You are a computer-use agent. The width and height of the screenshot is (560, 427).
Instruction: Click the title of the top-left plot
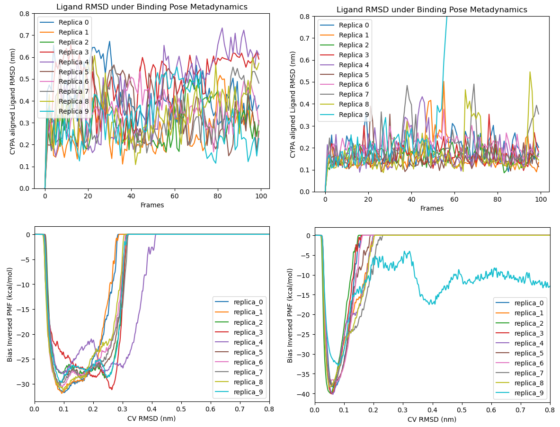click(151, 7)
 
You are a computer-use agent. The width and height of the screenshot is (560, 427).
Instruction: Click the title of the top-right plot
click(432, 10)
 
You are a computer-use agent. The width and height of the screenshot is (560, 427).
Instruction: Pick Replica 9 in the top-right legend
click(354, 115)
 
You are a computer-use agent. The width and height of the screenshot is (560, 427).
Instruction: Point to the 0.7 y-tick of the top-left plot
click(25, 36)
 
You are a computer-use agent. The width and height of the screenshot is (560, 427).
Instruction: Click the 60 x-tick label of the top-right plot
click(454, 199)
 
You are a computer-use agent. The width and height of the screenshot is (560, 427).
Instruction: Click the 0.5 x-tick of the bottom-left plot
click(181, 409)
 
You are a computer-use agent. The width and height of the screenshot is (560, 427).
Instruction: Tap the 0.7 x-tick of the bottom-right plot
click(521, 409)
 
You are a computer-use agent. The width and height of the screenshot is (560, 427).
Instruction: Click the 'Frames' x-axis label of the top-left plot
click(151, 205)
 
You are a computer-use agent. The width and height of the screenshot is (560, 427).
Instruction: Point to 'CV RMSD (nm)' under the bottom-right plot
click(432, 419)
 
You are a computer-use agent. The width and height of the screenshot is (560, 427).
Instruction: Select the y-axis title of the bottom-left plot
click(10, 318)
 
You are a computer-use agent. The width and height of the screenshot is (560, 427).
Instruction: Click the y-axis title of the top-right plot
click(293, 104)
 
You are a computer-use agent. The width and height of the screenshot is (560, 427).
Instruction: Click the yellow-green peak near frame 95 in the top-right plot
click(530, 72)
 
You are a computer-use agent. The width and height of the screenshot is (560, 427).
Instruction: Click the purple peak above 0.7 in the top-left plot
click(222, 28)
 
